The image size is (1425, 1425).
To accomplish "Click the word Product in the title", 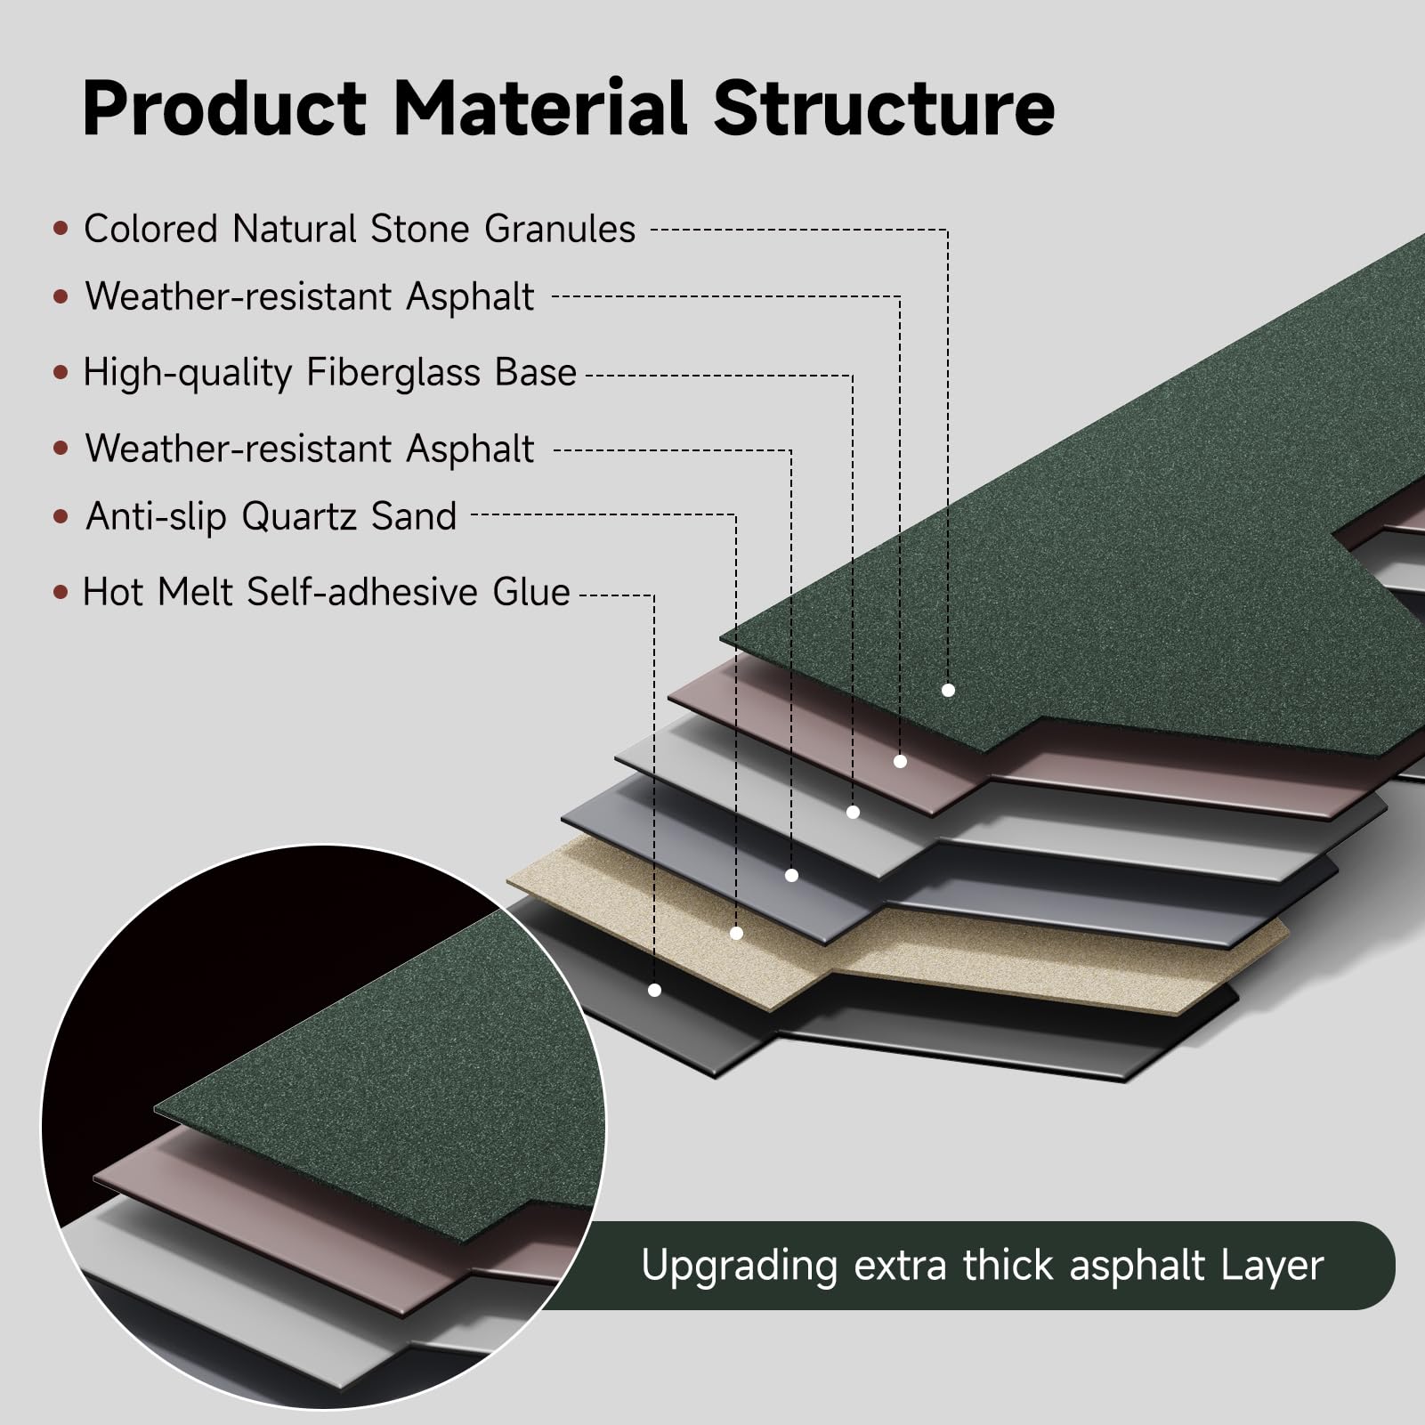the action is point(224,108).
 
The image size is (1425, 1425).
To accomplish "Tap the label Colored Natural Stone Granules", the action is point(360,230).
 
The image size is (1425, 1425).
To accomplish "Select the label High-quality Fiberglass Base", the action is point(330,373).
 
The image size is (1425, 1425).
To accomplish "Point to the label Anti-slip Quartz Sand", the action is point(271,516).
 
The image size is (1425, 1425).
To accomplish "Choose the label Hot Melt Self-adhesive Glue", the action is point(327,592).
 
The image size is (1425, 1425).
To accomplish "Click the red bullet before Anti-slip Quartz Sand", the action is point(61,516).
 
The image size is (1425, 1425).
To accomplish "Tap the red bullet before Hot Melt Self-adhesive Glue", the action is point(61,592).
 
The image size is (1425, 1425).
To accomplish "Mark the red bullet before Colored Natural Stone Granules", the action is point(61,229).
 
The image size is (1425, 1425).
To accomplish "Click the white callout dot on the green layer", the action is point(948,690).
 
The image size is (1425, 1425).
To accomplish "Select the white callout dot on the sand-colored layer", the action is point(736,933).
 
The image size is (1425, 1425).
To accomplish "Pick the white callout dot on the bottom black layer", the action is point(654,990).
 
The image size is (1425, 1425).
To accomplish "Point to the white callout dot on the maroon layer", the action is point(900,761).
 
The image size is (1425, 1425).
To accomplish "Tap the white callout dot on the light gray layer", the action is point(853,812).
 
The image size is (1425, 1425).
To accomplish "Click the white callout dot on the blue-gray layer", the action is point(791,876).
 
